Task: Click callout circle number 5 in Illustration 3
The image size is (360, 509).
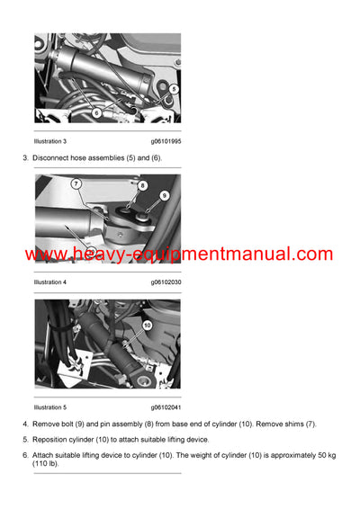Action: tap(174, 90)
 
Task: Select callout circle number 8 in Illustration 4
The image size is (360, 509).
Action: tap(142, 185)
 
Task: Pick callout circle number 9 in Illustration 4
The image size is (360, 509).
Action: tap(164, 195)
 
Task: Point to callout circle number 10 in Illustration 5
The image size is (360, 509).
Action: tap(147, 325)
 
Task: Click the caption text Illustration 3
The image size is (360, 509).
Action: tap(50, 141)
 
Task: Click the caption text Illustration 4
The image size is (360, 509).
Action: tap(50, 281)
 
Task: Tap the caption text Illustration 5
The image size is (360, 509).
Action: tap(50, 406)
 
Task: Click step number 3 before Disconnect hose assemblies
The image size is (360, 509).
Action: tap(25, 158)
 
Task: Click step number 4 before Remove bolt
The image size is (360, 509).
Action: tap(25, 423)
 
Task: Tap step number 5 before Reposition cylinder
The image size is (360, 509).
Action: tap(25, 439)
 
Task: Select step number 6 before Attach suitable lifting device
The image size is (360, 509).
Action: tap(25, 455)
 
